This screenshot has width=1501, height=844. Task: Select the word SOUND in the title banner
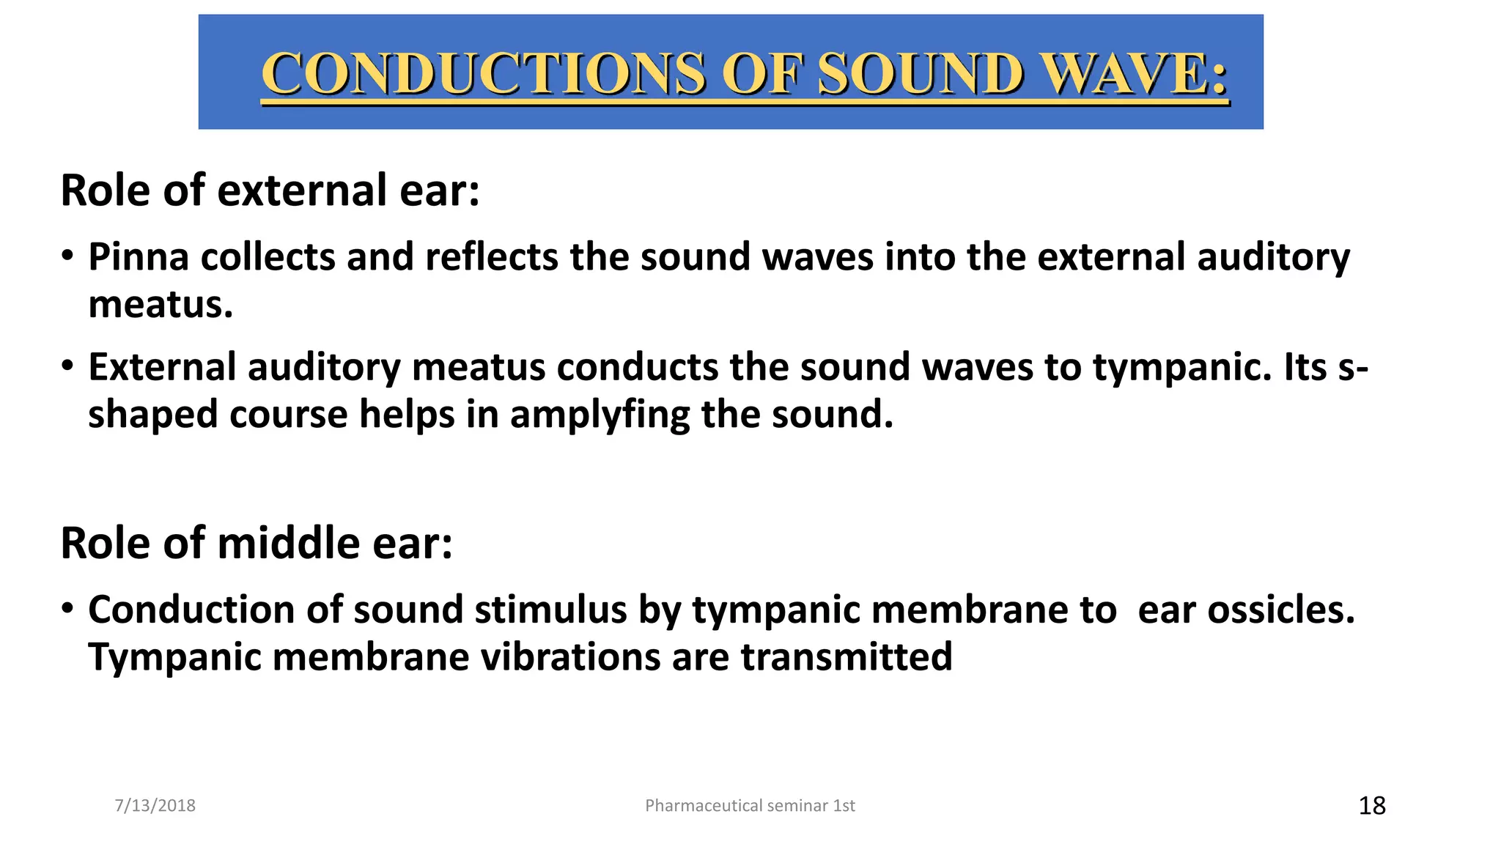pyautogui.click(x=920, y=74)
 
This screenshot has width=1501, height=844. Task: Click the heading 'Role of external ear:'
pyautogui.click(x=270, y=190)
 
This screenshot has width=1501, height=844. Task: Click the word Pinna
pyautogui.click(x=139, y=257)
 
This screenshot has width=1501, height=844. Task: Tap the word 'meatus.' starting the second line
pyautogui.click(x=161, y=304)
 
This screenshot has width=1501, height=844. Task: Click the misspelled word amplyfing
pyautogui.click(x=600, y=415)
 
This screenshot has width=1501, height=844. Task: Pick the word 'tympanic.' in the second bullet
pyautogui.click(x=1182, y=367)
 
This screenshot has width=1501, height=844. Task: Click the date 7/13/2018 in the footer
pyautogui.click(x=155, y=806)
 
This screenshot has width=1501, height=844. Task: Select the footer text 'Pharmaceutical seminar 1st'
pyautogui.click(x=750, y=806)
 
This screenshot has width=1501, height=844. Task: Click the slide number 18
pyautogui.click(x=1371, y=806)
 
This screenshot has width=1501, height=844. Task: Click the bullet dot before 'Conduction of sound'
pyautogui.click(x=67, y=608)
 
